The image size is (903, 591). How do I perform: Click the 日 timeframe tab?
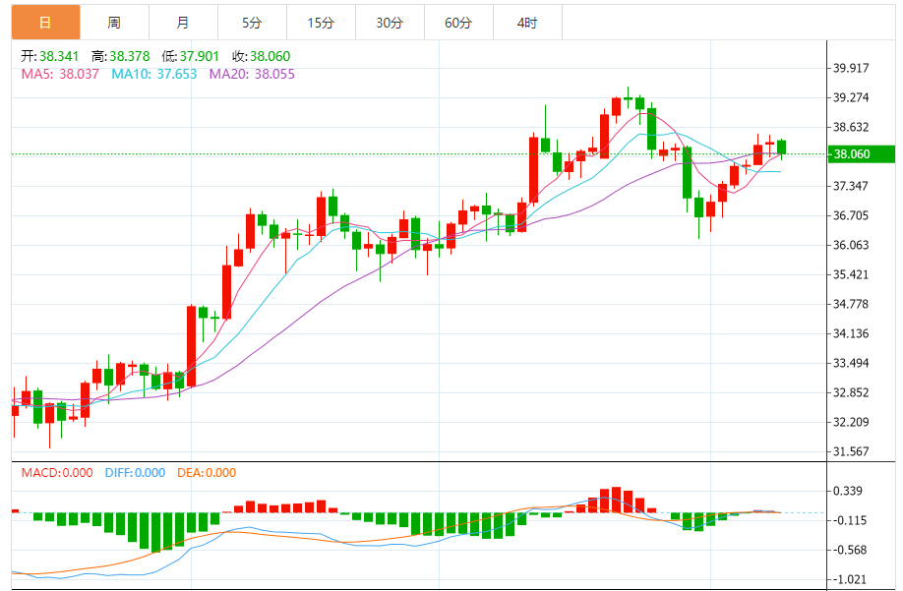pyautogui.click(x=45, y=23)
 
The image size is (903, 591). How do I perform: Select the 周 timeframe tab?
pyautogui.click(x=114, y=23)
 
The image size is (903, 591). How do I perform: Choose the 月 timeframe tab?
pyautogui.click(x=183, y=23)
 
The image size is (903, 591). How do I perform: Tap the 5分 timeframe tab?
pyautogui.click(x=252, y=23)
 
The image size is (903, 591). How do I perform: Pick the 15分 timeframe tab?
pyautogui.click(x=321, y=23)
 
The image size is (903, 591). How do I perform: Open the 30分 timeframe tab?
pyautogui.click(x=390, y=23)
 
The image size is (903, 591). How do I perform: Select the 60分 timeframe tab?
pyautogui.click(x=458, y=23)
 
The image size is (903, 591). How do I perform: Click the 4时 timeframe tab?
pyautogui.click(x=527, y=23)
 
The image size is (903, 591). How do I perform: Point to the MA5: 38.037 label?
pyautogui.click(x=60, y=74)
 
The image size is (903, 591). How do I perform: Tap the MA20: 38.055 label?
pyautogui.click(x=252, y=74)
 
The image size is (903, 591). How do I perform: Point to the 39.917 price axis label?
pyautogui.click(x=852, y=68)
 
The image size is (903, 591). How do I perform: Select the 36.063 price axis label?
pyautogui.click(x=852, y=245)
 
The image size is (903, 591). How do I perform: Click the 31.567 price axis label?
pyautogui.click(x=852, y=451)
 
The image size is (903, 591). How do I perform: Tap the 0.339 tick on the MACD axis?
pyautogui.click(x=848, y=491)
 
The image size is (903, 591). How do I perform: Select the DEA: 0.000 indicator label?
pyautogui.click(x=207, y=473)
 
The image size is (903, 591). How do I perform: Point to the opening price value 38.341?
pyautogui.click(x=59, y=57)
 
